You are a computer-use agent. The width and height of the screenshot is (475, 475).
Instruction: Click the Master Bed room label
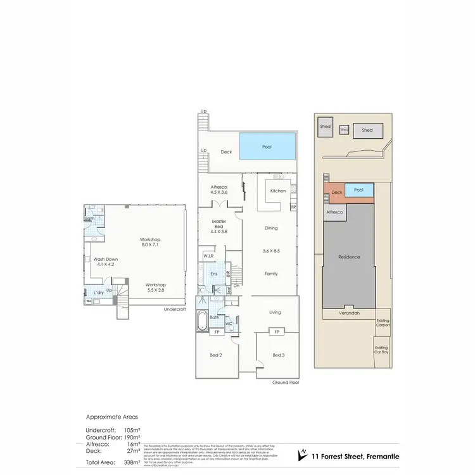219,224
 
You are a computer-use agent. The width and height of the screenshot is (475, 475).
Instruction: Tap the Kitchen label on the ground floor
278,191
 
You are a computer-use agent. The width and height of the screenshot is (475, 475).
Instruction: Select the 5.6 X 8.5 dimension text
271,251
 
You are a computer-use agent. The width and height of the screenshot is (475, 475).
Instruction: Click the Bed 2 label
217,356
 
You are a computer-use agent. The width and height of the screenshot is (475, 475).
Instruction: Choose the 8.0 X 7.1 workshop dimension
150,244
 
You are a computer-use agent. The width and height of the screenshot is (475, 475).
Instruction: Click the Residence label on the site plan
348,256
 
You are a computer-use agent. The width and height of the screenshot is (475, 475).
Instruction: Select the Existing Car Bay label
381,349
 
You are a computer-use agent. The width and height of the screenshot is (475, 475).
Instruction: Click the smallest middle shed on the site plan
344,129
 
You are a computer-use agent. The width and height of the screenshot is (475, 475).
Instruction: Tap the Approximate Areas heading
111,417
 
